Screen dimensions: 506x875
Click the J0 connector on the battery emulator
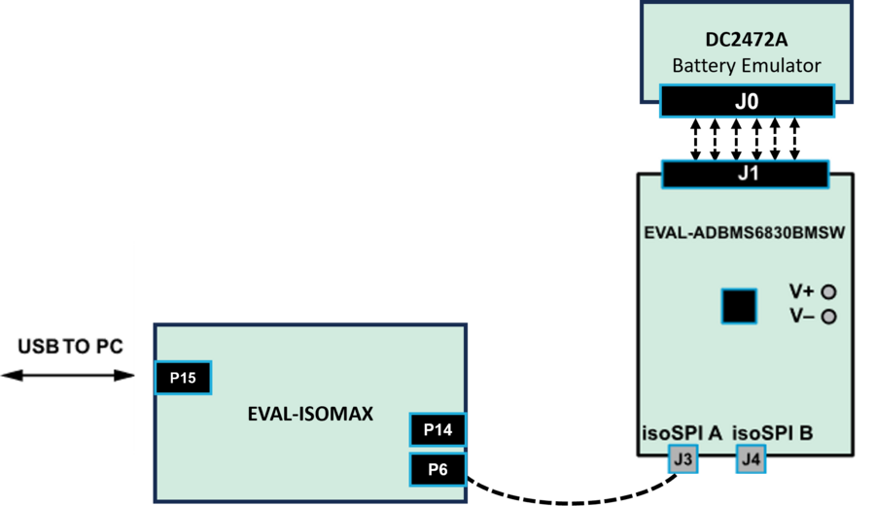pyautogui.click(x=747, y=102)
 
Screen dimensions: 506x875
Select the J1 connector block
pyautogui.click(x=745, y=175)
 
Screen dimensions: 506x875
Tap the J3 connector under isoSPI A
pyautogui.click(x=682, y=459)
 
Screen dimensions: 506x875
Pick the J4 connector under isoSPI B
pyautogui.click(x=751, y=459)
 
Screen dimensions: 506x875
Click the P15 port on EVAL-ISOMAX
pyautogui.click(x=183, y=378)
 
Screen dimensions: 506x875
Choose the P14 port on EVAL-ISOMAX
pyautogui.click(x=437, y=430)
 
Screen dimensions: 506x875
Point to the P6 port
pyautogui.click(x=437, y=471)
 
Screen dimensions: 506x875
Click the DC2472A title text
pyautogui.click(x=746, y=41)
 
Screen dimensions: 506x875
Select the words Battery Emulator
pyautogui.click(x=746, y=66)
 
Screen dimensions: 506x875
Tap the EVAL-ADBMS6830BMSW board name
pyautogui.click(x=745, y=233)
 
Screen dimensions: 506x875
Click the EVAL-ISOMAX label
pyautogui.click(x=310, y=415)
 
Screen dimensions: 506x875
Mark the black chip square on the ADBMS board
pyautogui.click(x=739, y=306)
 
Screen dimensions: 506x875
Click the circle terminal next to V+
pyautogui.click(x=829, y=291)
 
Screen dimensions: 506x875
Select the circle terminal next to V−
pyautogui.click(x=829, y=317)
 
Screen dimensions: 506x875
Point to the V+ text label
pyautogui.click(x=801, y=291)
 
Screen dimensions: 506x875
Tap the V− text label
pyautogui.click(x=801, y=317)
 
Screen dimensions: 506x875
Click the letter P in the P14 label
pyautogui.click(x=426, y=430)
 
